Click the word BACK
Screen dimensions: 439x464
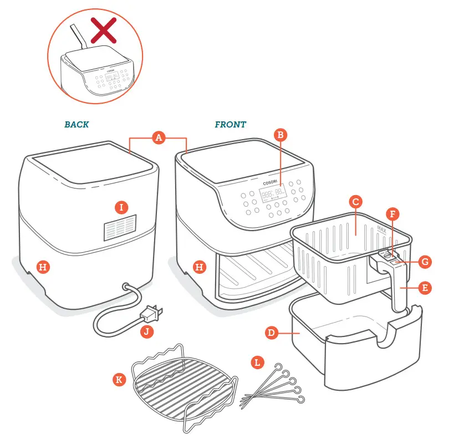pyautogui.click(x=77, y=125)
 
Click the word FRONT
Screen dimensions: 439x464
pyautogui.click(x=230, y=125)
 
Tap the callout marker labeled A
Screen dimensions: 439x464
pyautogui.click(x=159, y=138)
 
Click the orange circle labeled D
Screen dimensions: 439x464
pyautogui.click(x=271, y=333)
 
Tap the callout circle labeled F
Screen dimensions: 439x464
pyautogui.click(x=393, y=213)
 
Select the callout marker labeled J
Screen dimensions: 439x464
pyautogui.click(x=146, y=333)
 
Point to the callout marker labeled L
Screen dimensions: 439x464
pyautogui.click(x=257, y=363)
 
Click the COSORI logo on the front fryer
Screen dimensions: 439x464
pyautogui.click(x=273, y=182)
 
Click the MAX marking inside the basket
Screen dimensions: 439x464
pyautogui.click(x=381, y=228)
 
